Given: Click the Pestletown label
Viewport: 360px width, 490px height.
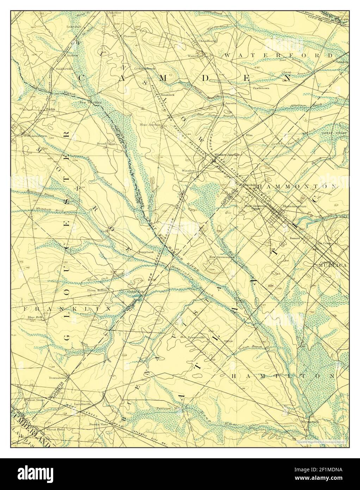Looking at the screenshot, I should (x=261, y=88).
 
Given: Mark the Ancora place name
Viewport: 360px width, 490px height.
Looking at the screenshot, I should (x=231, y=104).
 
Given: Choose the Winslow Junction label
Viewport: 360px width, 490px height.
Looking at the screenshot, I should (x=227, y=154).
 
